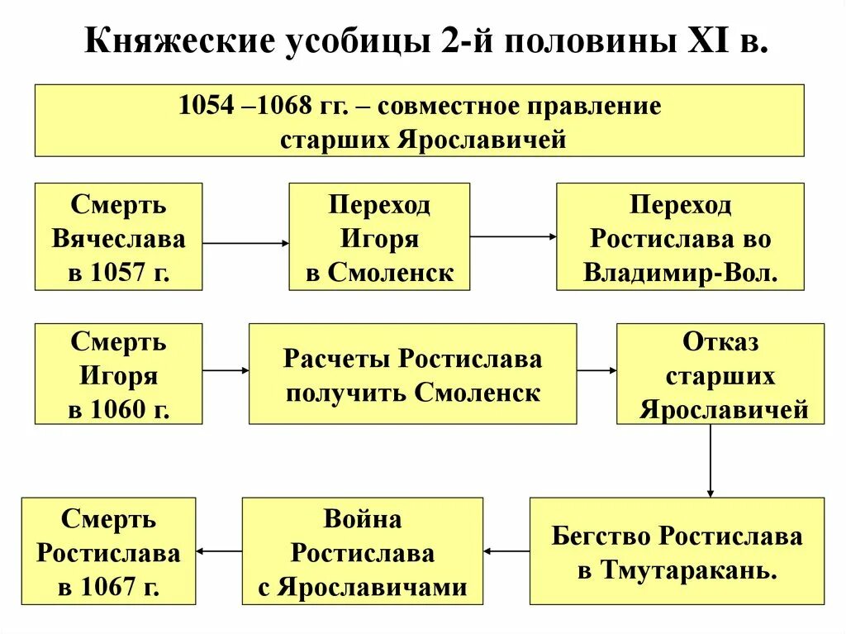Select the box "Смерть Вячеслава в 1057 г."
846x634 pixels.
click(x=118, y=236)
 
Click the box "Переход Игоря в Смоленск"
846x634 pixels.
click(x=379, y=236)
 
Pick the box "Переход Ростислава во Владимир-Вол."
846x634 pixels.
click(x=680, y=236)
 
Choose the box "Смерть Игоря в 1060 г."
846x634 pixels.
click(x=118, y=374)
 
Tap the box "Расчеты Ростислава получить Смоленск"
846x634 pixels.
click(x=413, y=374)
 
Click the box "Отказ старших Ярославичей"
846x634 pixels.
click(x=720, y=374)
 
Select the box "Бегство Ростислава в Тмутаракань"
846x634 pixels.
click(x=677, y=551)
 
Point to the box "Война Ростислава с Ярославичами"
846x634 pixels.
click(x=362, y=551)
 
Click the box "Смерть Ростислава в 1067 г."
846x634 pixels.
click(x=108, y=551)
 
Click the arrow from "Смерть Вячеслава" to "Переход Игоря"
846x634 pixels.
click(x=245, y=243)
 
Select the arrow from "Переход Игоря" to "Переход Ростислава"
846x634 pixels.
click(x=513, y=236)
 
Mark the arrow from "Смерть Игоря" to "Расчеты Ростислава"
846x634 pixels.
click(x=226, y=370)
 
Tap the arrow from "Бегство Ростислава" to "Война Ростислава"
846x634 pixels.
click(x=506, y=551)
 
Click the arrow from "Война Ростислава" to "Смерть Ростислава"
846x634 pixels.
click(x=219, y=551)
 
